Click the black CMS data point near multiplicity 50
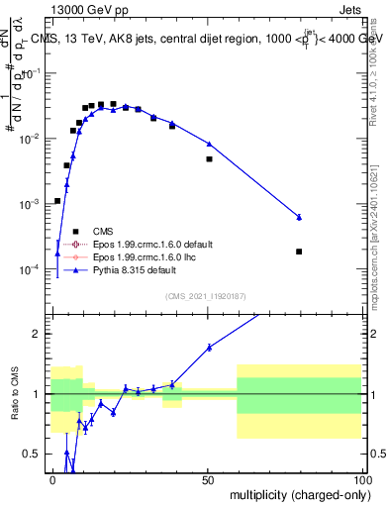(x=209, y=158)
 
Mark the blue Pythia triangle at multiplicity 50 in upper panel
(x=209, y=144)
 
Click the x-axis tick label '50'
(x=208, y=478)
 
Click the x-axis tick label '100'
(x=360, y=478)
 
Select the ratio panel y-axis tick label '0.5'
(x=35, y=455)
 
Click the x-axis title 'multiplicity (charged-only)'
(x=294, y=494)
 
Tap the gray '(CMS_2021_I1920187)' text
(x=205, y=296)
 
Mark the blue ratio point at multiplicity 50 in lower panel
(x=209, y=347)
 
